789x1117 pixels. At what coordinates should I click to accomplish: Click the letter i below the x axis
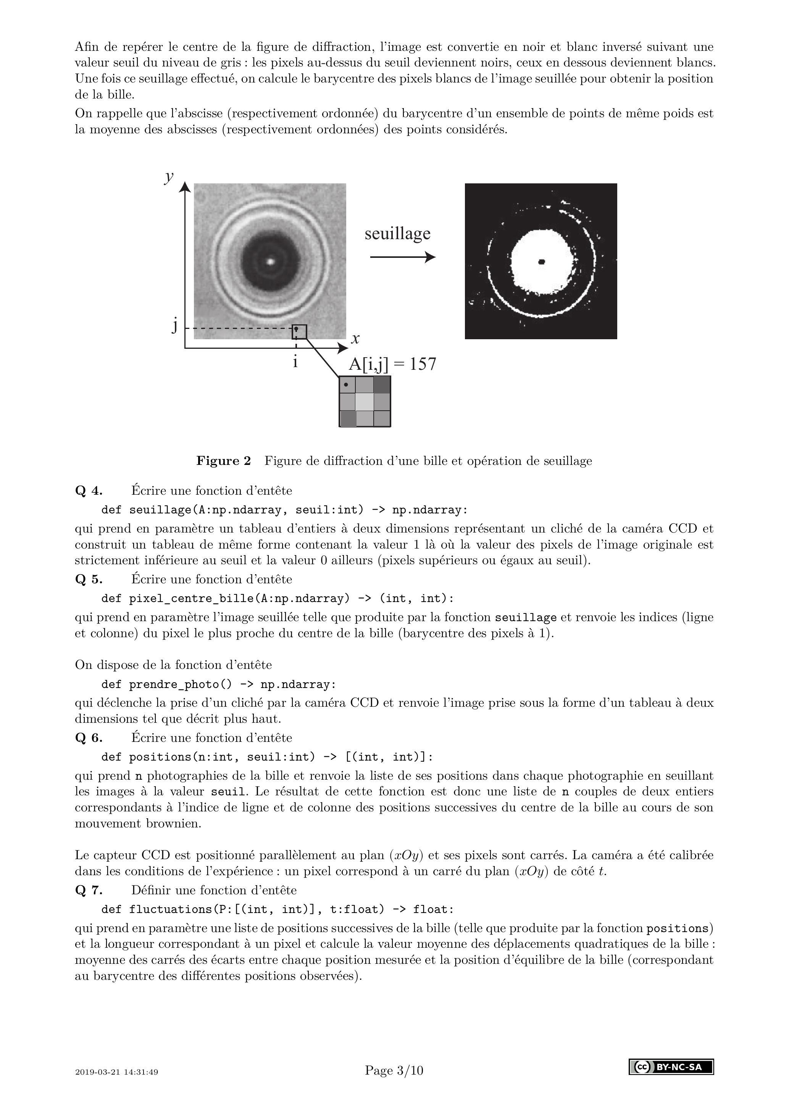(x=295, y=362)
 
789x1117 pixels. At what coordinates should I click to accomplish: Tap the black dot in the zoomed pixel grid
(x=346, y=385)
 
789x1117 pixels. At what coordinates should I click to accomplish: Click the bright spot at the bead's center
(x=271, y=261)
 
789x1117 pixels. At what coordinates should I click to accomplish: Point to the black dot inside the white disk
(x=542, y=262)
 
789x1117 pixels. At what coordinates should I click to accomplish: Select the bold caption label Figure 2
(x=224, y=461)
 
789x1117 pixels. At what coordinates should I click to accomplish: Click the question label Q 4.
(x=89, y=491)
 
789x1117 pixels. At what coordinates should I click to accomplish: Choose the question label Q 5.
(x=89, y=580)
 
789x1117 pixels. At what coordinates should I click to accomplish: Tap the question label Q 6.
(x=89, y=738)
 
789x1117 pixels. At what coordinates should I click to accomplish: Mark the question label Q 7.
(x=89, y=890)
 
